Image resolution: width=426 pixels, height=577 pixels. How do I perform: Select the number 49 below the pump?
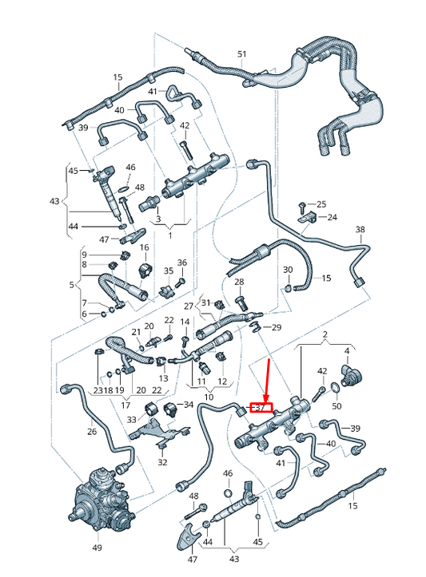97,548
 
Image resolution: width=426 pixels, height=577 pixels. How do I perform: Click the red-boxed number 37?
261,407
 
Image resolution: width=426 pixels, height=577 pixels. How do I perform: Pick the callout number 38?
360,231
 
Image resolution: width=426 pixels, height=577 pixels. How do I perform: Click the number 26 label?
92,432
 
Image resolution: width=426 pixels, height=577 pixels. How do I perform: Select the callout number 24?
332,217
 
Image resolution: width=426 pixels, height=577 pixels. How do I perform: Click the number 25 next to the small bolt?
322,204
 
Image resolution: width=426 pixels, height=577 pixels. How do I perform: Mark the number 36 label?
181,263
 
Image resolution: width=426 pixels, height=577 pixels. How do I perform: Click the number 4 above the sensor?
347,351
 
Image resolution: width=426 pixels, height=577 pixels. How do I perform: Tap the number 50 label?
336,407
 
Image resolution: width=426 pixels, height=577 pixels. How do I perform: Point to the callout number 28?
239,283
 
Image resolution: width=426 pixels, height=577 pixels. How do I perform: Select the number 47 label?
105,239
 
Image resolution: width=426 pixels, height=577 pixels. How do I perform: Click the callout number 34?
189,405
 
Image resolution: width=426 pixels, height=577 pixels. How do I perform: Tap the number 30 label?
288,270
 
